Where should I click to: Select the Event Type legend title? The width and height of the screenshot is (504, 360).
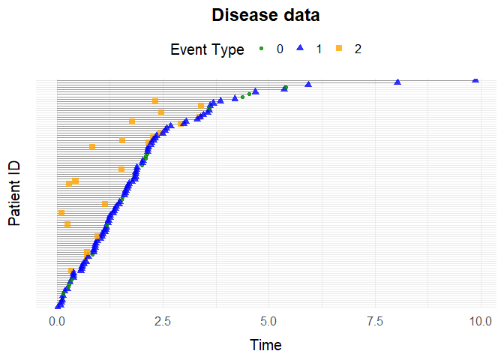(207, 49)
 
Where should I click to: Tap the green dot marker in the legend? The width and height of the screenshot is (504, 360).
(262, 49)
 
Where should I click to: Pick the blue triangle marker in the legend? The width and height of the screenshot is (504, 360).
(300, 49)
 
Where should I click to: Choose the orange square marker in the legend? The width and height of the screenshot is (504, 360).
(338, 49)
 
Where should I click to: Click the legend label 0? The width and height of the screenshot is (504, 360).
(280, 49)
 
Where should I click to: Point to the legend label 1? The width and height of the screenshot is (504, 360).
(319, 49)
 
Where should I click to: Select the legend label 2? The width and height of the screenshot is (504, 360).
(358, 49)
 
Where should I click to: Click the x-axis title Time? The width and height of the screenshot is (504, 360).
(265, 345)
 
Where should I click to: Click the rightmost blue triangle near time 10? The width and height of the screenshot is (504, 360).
(475, 79)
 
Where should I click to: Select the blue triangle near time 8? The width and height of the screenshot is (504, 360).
(397, 82)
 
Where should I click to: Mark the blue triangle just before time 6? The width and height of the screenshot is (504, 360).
(308, 86)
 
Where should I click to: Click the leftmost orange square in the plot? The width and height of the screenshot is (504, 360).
(61, 213)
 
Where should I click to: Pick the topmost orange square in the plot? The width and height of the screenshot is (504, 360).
(155, 101)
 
